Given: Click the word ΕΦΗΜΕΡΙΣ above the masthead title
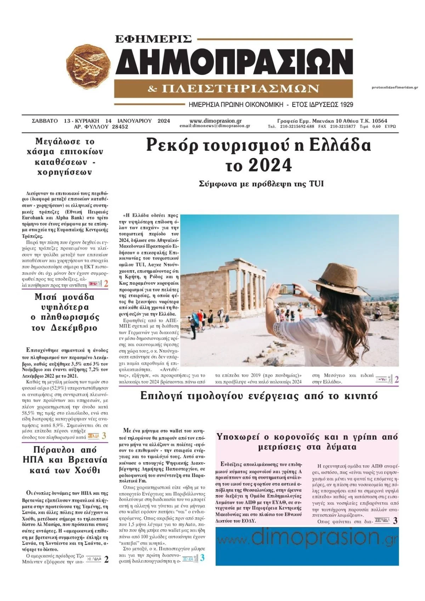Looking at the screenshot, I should click(153, 39).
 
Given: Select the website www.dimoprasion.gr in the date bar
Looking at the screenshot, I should click(215, 121).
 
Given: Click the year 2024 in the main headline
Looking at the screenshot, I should click(270, 165).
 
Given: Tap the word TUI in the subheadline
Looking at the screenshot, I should click(316, 184).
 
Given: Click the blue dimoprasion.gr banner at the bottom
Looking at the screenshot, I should click(307, 546).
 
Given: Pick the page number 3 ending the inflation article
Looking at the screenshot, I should click(104, 436).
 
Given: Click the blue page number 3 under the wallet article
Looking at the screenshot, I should click(202, 558).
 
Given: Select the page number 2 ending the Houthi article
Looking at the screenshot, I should click(106, 560).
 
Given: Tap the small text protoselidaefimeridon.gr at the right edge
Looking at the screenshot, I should click(395, 87).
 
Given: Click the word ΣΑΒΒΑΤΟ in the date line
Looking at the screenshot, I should click(45, 121).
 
